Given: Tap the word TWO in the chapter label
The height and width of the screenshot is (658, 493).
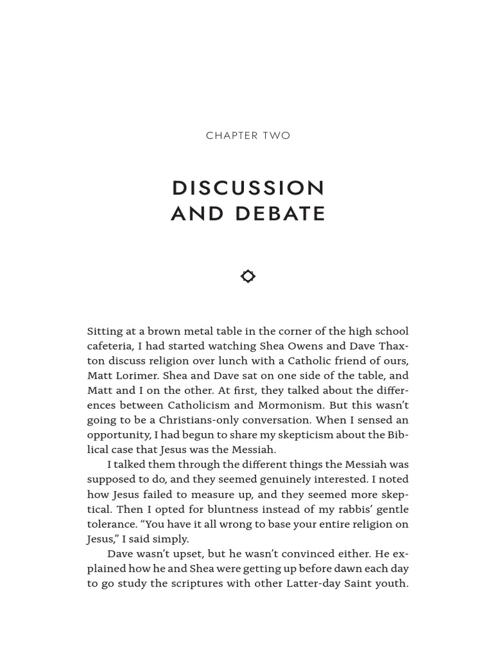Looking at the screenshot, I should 277,136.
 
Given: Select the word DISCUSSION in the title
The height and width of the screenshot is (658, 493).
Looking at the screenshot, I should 248,188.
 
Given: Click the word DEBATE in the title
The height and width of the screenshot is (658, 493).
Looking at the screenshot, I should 281,214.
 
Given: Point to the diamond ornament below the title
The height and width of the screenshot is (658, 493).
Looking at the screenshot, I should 248,276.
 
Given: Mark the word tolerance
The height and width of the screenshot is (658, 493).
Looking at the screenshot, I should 112,524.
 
